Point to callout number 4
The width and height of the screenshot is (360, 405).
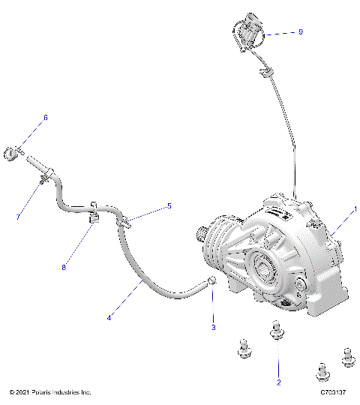coord(109,317)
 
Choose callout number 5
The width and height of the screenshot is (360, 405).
coord(169,205)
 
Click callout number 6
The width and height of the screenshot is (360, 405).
coord(45,118)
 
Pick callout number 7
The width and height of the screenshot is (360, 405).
coord(19,217)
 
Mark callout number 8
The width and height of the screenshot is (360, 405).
coord(64,266)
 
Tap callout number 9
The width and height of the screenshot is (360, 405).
coord(301,32)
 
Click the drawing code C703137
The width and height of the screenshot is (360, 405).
coord(332,393)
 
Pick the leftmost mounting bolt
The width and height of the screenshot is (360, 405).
coord(242,346)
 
